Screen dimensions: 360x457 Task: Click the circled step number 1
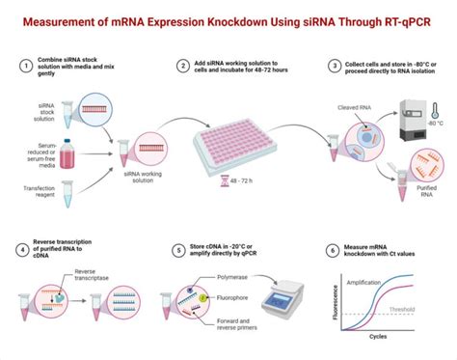click(24, 65)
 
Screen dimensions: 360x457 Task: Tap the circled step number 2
click(183, 65)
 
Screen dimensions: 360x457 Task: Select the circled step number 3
click(335, 65)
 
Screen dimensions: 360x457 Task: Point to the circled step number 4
click(24, 252)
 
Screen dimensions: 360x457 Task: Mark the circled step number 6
click(335, 252)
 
